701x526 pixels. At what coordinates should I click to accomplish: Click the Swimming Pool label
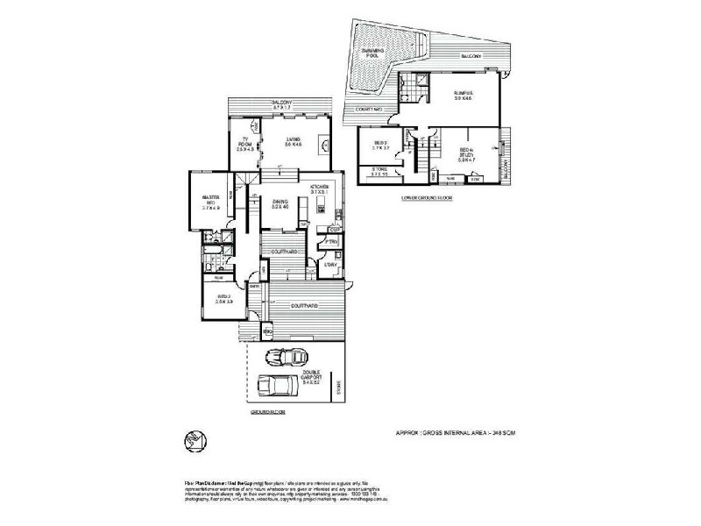(378, 55)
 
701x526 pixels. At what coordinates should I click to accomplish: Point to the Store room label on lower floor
(380, 171)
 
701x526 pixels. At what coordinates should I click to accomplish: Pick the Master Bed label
(210, 203)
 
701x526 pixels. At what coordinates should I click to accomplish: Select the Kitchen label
(318, 191)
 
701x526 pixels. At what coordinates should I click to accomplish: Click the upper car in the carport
(288, 356)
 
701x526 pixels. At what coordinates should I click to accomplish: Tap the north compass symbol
(197, 439)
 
